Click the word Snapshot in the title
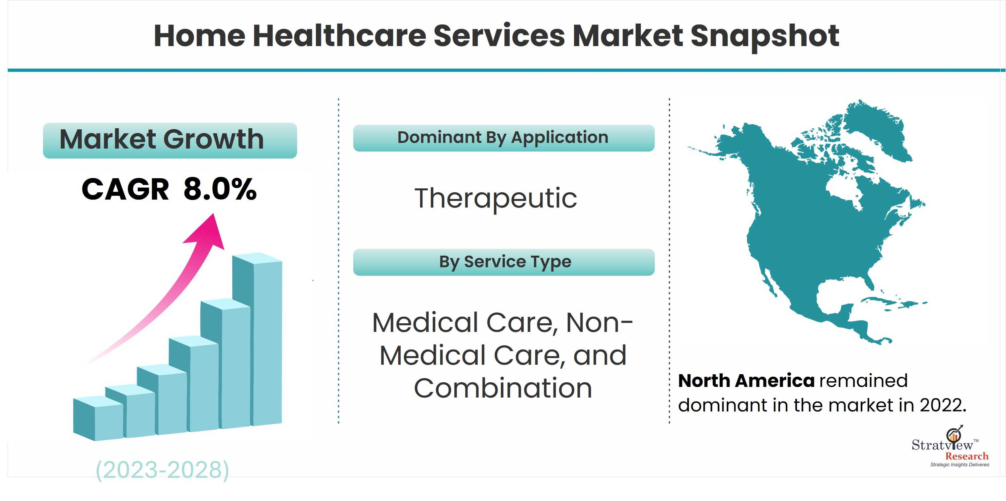point(765,35)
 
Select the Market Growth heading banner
point(170,140)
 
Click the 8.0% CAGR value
point(220,189)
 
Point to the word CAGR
point(125,189)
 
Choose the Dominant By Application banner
point(504,138)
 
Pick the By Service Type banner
point(504,262)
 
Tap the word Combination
point(503,388)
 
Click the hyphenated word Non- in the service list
point(599,323)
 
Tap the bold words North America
point(746,380)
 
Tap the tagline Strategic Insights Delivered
point(960,465)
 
